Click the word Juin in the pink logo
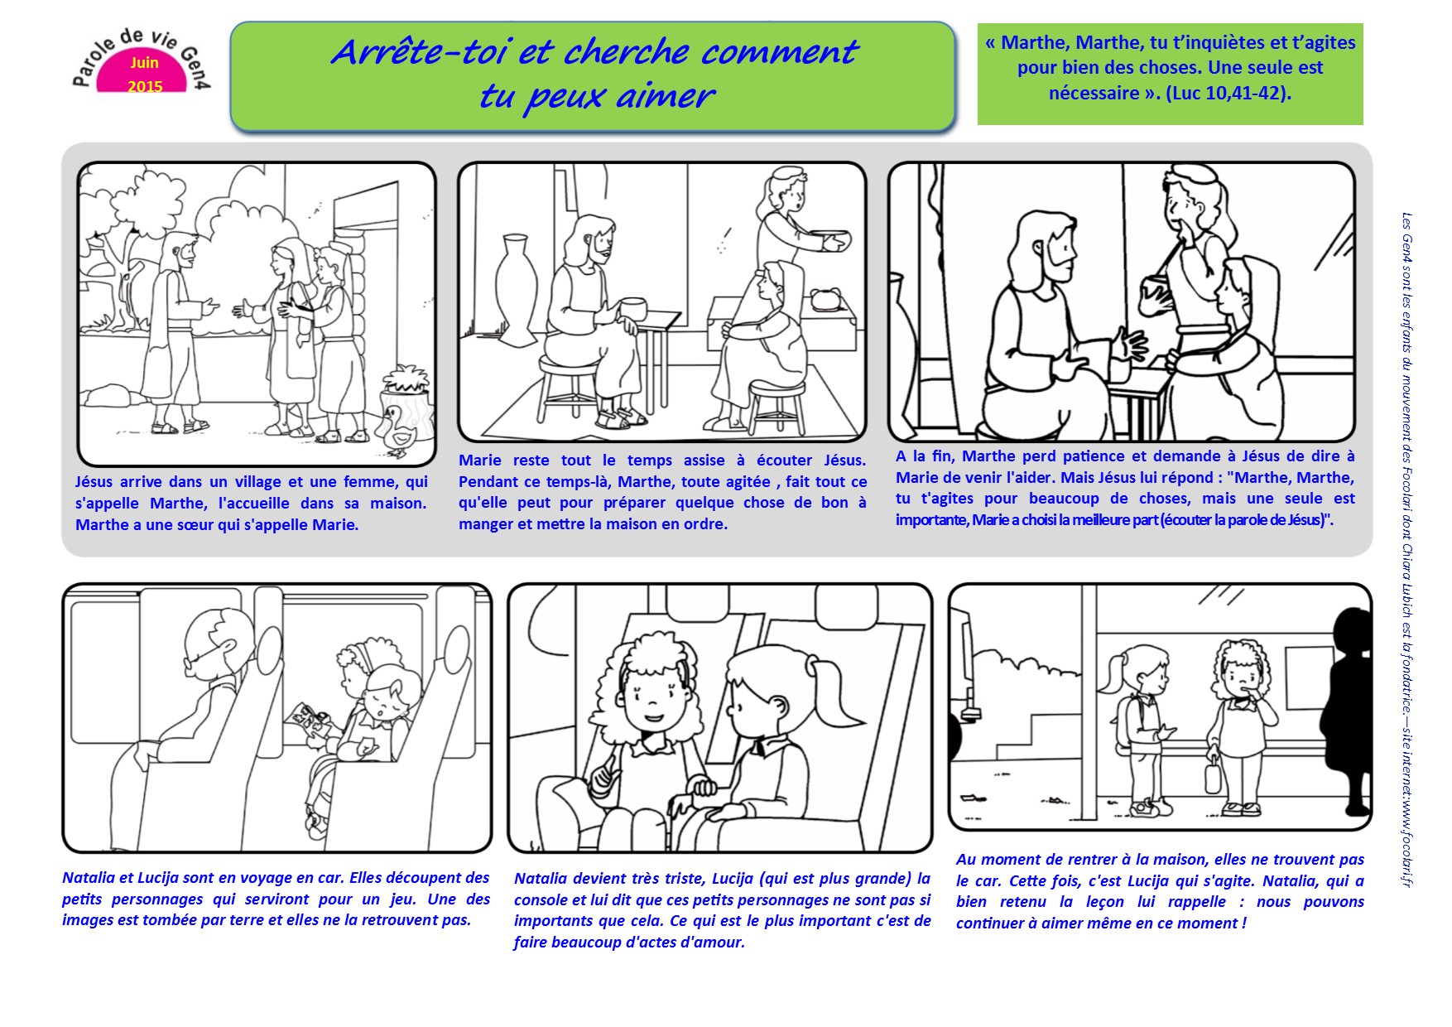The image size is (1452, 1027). (x=144, y=63)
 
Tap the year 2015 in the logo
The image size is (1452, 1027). (x=145, y=86)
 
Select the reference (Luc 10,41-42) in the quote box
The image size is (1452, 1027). (x=1228, y=93)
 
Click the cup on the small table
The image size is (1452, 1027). (x=633, y=308)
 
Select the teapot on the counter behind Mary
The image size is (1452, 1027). (x=825, y=299)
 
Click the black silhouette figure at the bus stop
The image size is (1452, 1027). (x=1346, y=712)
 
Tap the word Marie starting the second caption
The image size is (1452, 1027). (x=480, y=460)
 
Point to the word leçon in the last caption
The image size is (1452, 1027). (x=1107, y=902)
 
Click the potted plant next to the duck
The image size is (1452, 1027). (x=406, y=393)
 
